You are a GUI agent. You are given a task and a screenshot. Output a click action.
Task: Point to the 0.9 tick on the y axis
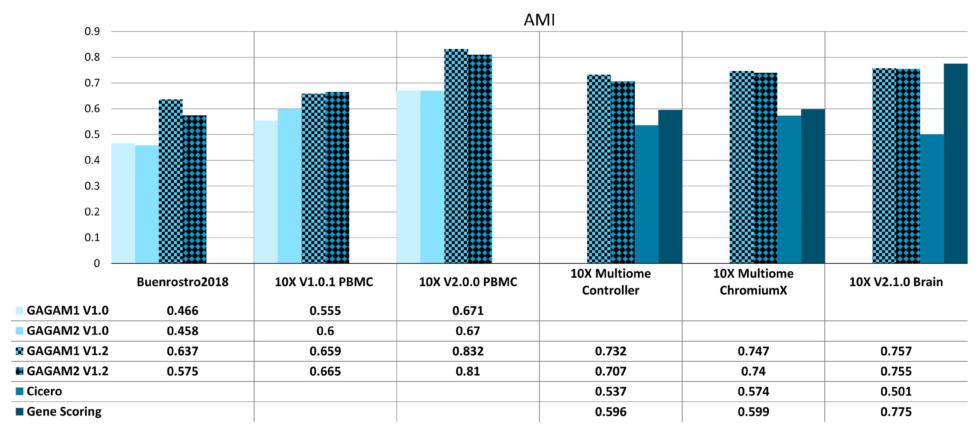pos(92,32)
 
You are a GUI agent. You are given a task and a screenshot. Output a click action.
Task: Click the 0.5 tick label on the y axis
pos(92,135)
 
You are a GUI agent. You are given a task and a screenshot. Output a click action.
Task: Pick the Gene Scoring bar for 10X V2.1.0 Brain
pos(955,163)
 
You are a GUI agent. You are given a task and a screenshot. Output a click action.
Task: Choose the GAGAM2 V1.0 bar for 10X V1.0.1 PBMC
pos(290,186)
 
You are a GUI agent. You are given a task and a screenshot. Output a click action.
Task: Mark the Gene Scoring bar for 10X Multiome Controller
pos(670,186)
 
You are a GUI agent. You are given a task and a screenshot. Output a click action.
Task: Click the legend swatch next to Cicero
pos(20,391)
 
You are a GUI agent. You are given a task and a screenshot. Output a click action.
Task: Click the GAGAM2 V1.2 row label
pos(67,371)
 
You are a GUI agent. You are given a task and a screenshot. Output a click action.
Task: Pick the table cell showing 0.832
pos(468,351)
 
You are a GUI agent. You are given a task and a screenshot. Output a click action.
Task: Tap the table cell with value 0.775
pos(896,412)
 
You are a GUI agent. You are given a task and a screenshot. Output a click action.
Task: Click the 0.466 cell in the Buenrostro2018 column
pos(182,311)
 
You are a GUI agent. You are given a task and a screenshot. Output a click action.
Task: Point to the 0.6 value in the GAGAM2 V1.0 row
pos(325,331)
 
